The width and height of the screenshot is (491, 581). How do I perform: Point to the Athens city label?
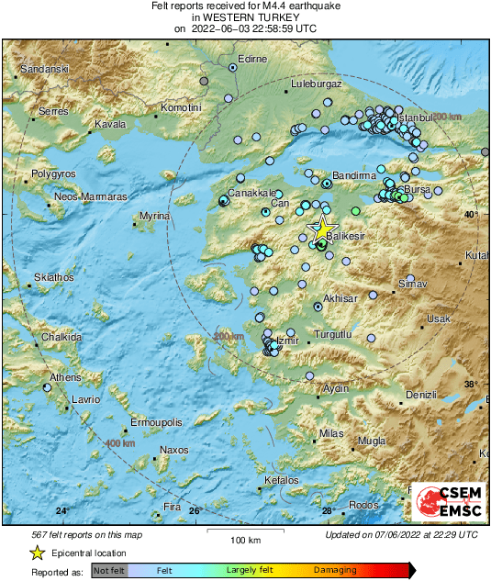pyautogui.click(x=65, y=377)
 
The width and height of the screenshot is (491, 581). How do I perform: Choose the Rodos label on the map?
pyautogui.click(x=363, y=506)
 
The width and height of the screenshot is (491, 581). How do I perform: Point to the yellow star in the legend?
pyautogui.click(x=37, y=553)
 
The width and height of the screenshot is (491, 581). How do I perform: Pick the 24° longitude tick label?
pyautogui.click(x=62, y=510)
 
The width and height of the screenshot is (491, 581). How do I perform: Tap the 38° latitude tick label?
pyautogui.click(x=470, y=384)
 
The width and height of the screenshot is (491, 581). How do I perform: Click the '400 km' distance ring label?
pyautogui.click(x=120, y=443)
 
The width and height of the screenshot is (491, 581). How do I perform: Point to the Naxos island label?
pyautogui.click(x=173, y=450)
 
